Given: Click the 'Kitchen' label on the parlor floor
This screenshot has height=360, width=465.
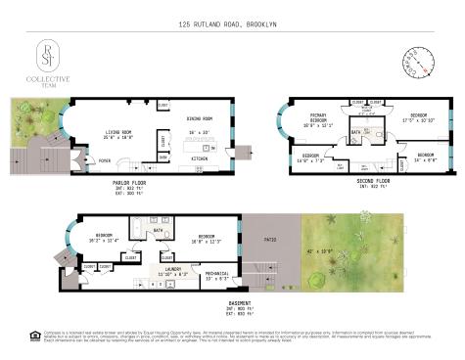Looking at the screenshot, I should pos(201,158).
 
